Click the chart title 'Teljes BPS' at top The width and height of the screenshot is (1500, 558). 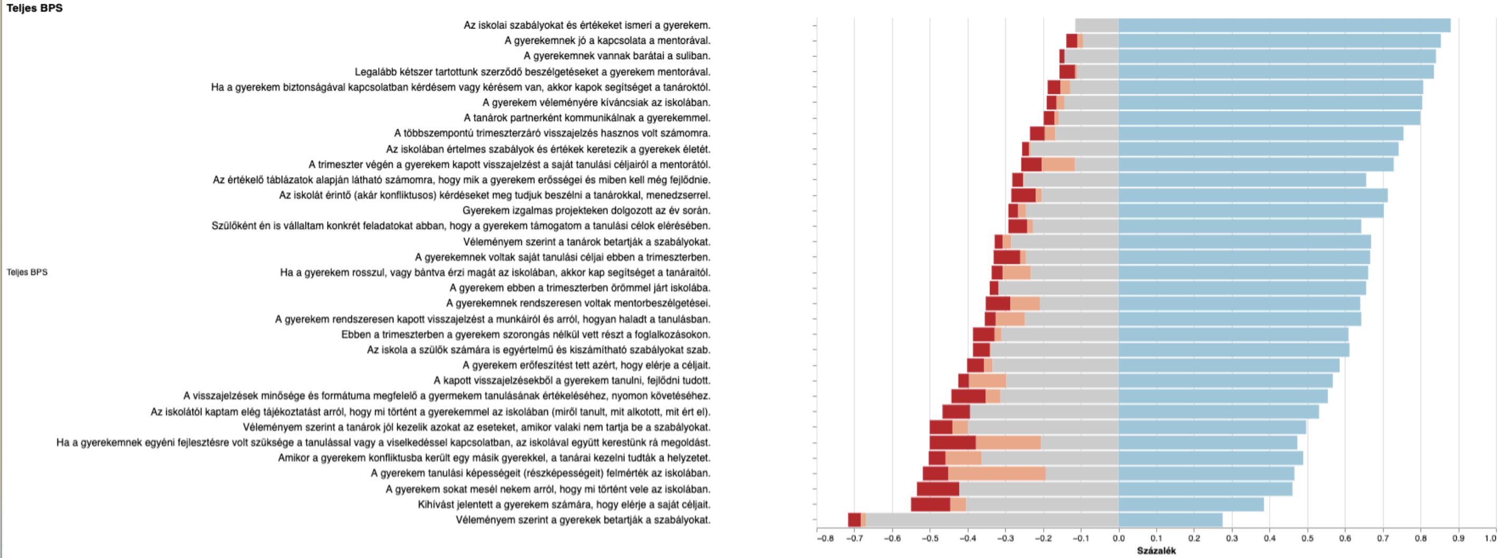click(34, 8)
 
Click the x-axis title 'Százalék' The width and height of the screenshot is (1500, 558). click(1156, 551)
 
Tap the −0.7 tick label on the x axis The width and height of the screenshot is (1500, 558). click(854, 538)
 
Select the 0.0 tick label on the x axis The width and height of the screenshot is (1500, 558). click(1119, 538)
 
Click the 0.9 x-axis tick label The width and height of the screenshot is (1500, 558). click(1458, 538)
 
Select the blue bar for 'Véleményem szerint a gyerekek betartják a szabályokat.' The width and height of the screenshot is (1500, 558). click(1170, 519)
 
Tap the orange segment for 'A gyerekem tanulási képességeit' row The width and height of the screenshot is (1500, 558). click(996, 473)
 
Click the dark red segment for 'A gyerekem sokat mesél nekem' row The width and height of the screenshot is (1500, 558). click(938, 489)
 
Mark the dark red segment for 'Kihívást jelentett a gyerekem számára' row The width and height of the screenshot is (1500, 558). click(930, 504)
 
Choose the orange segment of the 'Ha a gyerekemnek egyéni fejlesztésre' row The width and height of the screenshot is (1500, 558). click(1008, 442)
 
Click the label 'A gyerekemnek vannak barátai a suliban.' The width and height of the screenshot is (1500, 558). click(617, 56)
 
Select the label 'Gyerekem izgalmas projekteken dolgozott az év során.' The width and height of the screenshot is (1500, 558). click(586, 210)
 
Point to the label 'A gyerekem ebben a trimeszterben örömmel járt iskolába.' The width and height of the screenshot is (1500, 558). click(580, 288)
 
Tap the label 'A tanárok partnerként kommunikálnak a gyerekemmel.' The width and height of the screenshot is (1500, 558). click(587, 118)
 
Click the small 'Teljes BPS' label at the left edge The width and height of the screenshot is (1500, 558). click(27, 272)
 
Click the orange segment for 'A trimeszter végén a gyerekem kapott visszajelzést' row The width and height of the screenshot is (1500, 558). click(1058, 164)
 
